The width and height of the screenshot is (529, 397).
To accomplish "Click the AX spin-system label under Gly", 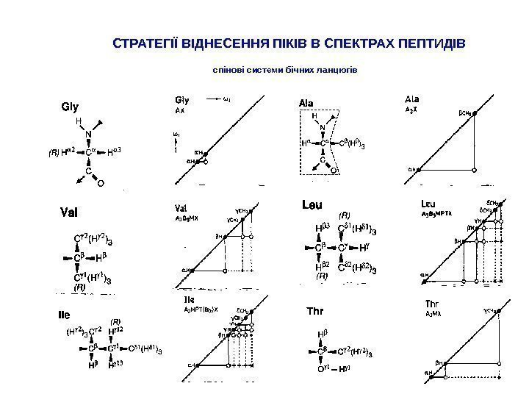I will (179, 110).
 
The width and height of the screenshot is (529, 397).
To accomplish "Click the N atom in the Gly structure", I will (87, 133).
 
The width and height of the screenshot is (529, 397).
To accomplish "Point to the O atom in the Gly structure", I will (101, 184).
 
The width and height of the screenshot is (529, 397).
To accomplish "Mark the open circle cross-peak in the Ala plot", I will (474, 169).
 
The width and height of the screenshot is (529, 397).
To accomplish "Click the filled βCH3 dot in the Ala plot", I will (474, 114).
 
